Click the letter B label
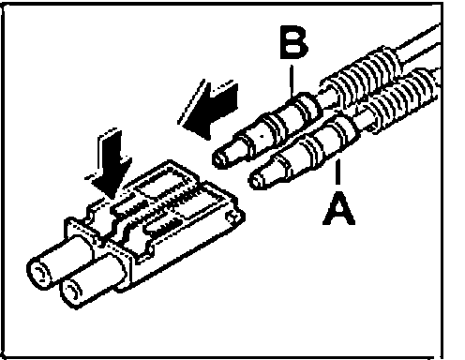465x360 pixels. pyautogui.click(x=293, y=42)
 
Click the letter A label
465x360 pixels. pyautogui.click(x=338, y=208)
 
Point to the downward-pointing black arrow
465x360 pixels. pyautogui.click(x=110, y=163)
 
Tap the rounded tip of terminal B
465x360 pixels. pyautogui.click(x=219, y=159)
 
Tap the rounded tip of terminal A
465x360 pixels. pyautogui.click(x=257, y=181)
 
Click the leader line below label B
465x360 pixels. pyautogui.click(x=292, y=81)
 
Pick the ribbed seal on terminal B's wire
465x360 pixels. pyautogui.click(x=363, y=76)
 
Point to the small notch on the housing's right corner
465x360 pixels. pyautogui.click(x=232, y=217)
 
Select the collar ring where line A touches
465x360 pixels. pyautogui.click(x=344, y=134)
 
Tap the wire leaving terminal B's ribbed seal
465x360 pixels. pyautogui.click(x=419, y=40)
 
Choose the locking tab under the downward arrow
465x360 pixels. pyautogui.click(x=97, y=217)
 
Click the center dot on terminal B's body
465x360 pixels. pyautogui.click(x=262, y=136)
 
